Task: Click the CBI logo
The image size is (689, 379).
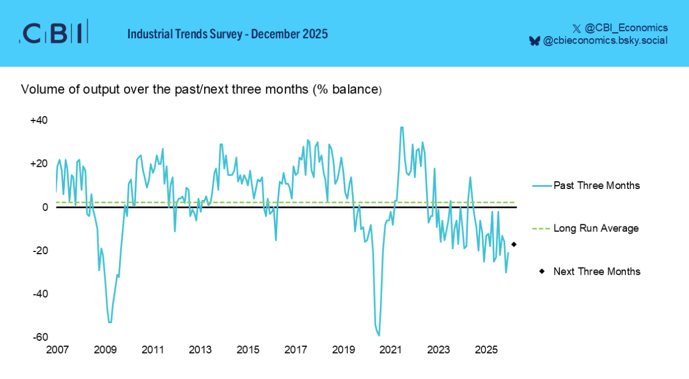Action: coord(54,33)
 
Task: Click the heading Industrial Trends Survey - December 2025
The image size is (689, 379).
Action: coord(227,34)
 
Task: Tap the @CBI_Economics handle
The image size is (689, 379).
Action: coord(626,28)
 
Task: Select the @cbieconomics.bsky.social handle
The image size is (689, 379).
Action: coord(605,40)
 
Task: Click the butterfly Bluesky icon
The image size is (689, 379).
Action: coord(534,41)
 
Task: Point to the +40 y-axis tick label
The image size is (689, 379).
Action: coord(39,120)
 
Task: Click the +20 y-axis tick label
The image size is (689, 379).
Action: coord(39,164)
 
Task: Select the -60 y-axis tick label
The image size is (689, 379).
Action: coord(40,337)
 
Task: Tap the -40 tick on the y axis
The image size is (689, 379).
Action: coord(40,294)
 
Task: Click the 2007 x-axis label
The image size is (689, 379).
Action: coord(57,350)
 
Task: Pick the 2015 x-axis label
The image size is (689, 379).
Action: coord(248,350)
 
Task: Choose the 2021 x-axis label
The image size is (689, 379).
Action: coord(391,350)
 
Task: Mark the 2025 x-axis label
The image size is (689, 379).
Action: coord(486,350)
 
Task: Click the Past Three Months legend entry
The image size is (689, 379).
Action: coord(596,186)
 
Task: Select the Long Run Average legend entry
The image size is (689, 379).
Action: coord(595,228)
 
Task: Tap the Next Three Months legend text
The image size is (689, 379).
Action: coord(597,271)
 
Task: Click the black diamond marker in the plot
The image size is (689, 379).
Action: coord(514,244)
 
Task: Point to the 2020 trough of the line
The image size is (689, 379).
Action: coord(379,335)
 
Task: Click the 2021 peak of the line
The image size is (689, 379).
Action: coord(401,128)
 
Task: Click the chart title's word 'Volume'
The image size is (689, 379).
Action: coord(38,90)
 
